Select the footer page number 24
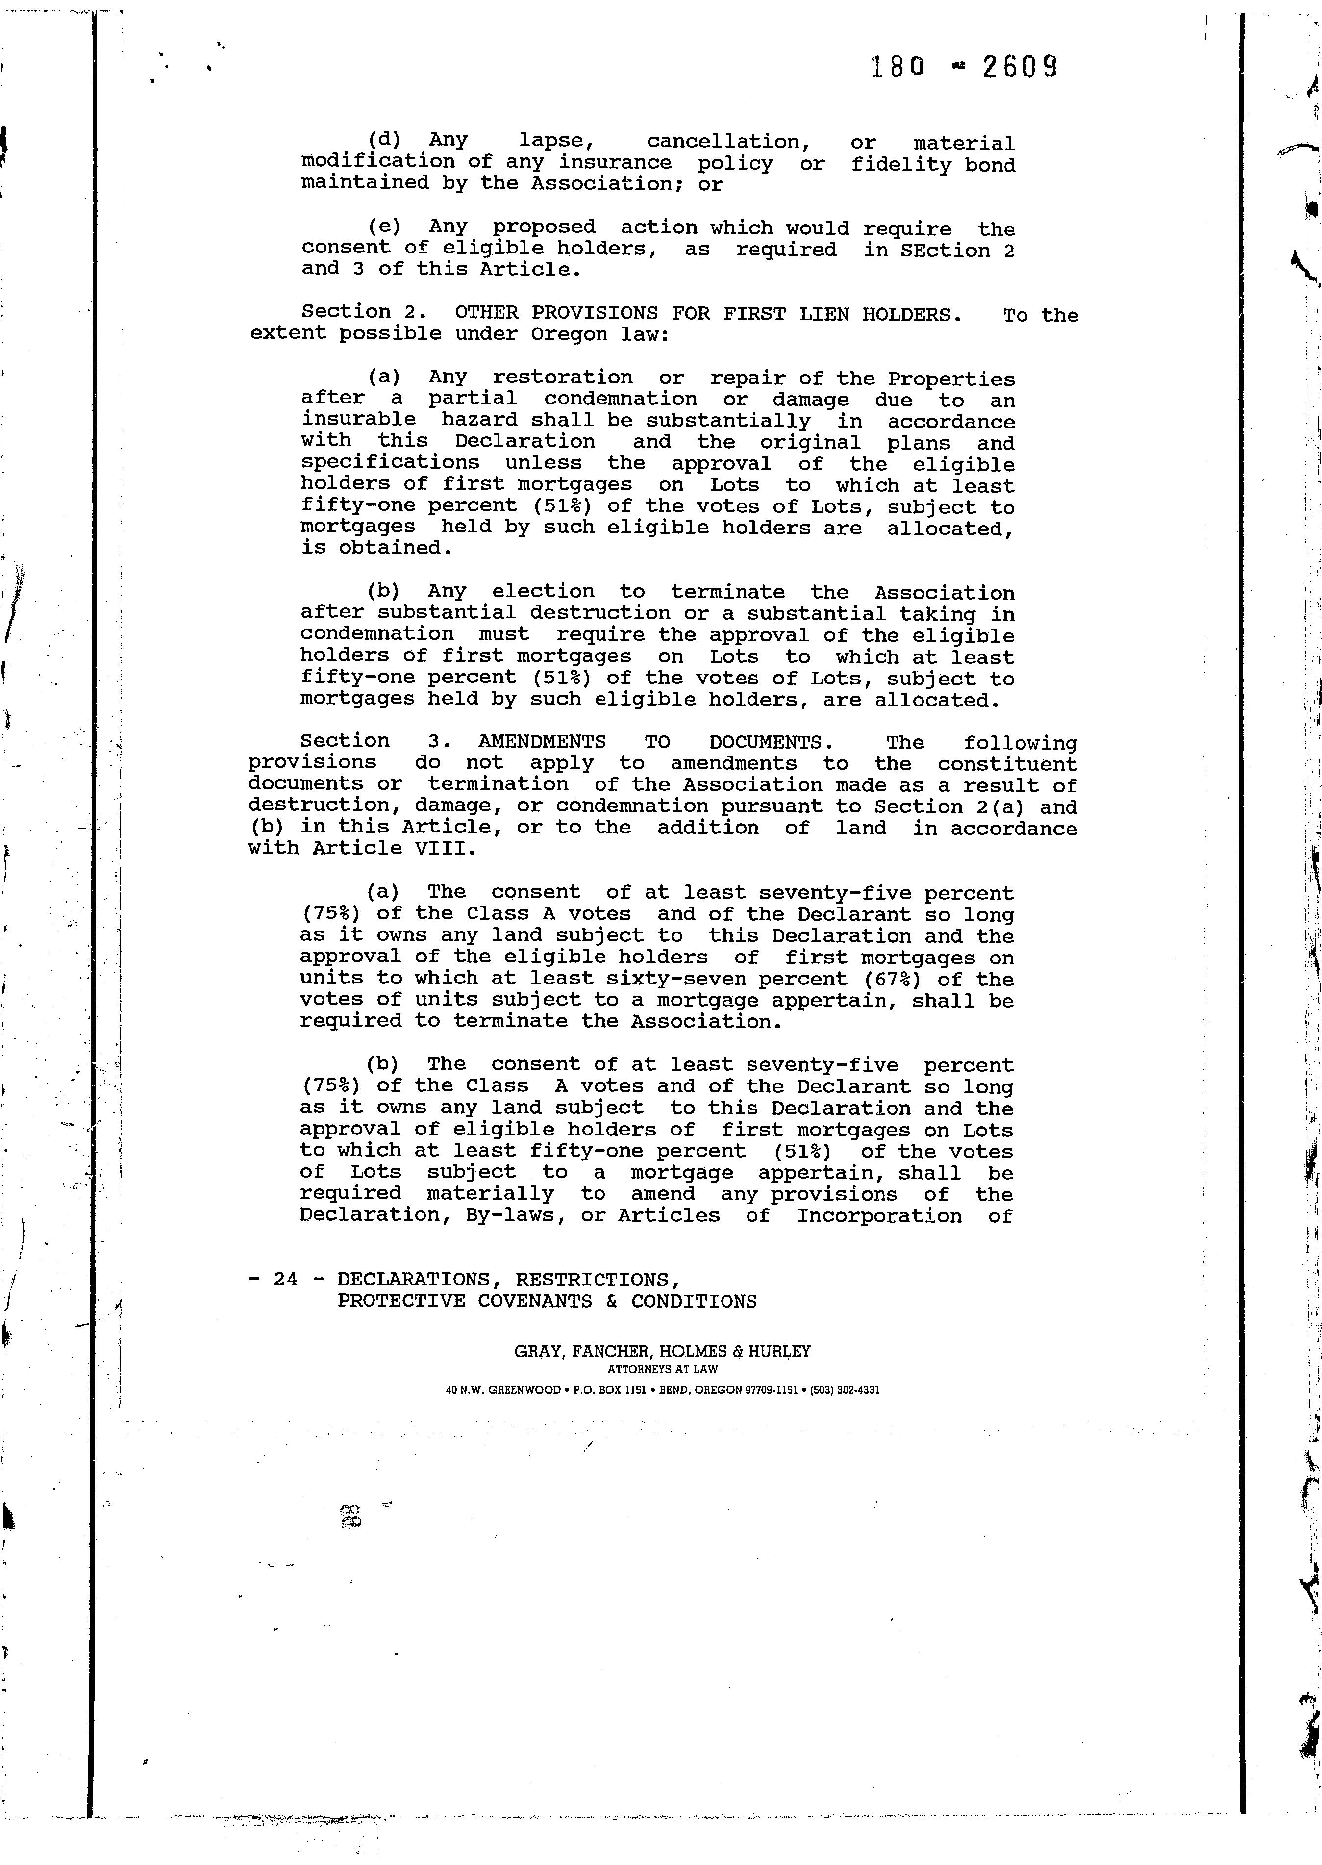tap(285, 1279)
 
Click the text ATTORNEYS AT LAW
tap(663, 1370)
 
